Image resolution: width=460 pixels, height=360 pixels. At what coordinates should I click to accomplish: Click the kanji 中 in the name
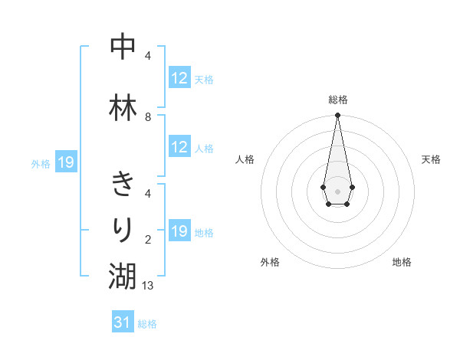123,47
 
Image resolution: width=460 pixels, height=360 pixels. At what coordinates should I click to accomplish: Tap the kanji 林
123,108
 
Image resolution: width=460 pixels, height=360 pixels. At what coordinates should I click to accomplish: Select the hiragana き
123,185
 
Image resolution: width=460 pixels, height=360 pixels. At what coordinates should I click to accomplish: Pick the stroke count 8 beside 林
148,116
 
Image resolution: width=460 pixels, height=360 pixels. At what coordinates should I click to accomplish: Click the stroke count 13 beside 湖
149,285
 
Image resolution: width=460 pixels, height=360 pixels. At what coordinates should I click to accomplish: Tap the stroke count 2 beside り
148,239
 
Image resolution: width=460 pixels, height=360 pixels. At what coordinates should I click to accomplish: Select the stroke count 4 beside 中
148,55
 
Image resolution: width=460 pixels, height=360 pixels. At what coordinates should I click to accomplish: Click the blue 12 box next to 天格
179,78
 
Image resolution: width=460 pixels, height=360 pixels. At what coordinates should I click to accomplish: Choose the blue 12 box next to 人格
179,147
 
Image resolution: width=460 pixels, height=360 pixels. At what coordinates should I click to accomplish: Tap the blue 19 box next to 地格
179,231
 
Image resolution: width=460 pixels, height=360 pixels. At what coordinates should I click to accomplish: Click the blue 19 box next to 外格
65,162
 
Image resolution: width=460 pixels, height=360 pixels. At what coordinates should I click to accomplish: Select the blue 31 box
123,322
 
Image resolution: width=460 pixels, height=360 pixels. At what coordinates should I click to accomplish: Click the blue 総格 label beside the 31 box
147,324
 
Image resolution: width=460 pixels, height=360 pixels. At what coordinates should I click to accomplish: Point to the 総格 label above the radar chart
337,100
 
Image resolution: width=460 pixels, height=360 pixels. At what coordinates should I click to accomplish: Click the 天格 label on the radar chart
432,159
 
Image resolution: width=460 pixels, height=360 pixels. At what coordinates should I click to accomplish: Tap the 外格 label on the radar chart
270,262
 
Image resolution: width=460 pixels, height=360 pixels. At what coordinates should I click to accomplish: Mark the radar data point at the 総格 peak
337,116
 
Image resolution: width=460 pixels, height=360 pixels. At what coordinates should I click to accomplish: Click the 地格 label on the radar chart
402,262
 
